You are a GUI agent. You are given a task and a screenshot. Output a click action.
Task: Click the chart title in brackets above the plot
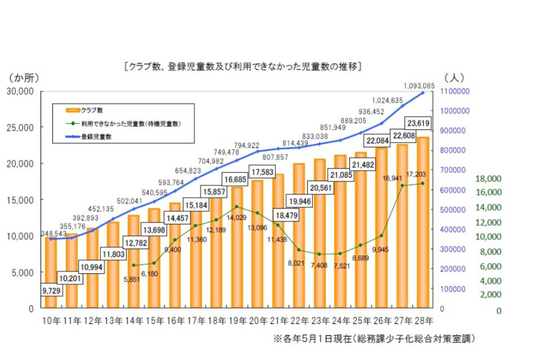pos(242,66)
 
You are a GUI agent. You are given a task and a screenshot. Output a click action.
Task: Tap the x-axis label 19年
pos(237,321)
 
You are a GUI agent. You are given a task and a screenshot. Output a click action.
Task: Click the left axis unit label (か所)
pos(23,77)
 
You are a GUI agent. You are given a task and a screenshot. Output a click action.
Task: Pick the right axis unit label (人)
pos(454,77)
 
